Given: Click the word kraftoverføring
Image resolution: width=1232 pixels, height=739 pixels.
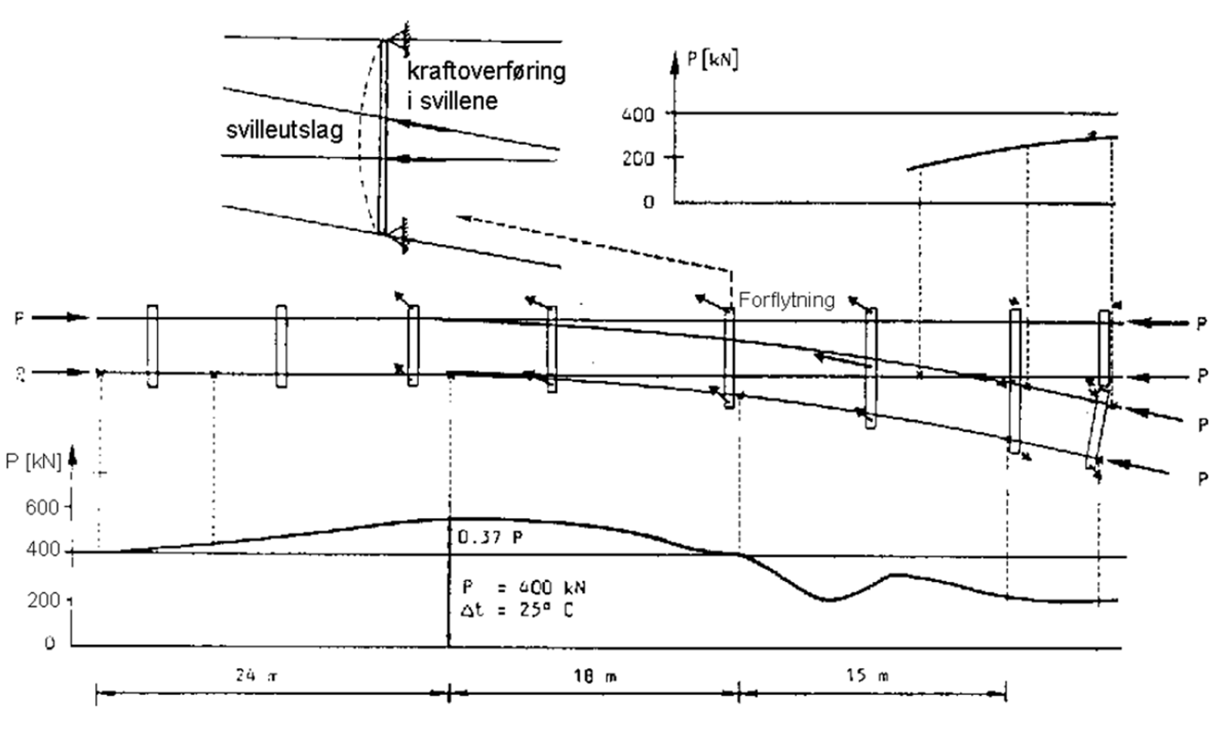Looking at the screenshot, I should click(486, 71).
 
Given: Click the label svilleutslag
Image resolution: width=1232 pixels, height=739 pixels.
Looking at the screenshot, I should click(284, 129).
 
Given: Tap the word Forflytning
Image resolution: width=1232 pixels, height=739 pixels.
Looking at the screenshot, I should click(786, 299).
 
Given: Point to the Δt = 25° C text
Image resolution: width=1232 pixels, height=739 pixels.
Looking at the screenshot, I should click(517, 610).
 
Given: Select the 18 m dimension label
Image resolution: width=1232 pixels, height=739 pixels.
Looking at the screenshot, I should click(594, 677).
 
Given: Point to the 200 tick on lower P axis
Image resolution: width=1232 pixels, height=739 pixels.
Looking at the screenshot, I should click(43, 600).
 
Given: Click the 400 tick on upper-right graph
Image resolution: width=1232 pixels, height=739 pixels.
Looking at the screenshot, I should click(638, 115).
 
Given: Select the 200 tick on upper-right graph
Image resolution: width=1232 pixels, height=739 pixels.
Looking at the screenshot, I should click(638, 159).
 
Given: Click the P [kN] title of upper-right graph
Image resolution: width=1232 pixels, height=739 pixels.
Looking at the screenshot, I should click(711, 59).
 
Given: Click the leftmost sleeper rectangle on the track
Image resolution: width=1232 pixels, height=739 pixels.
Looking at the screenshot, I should click(152, 346).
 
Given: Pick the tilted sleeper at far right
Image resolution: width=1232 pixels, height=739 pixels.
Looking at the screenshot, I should click(1098, 429).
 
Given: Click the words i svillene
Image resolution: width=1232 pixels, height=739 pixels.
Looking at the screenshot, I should click(452, 101).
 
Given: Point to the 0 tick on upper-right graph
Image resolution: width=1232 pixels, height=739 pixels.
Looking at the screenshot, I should click(648, 202).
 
